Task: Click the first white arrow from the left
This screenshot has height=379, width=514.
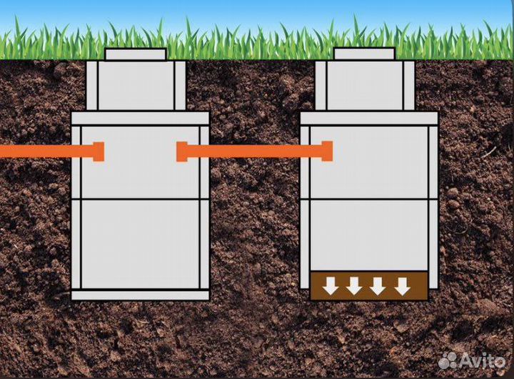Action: coord(330,286)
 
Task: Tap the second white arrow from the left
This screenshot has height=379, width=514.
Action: coord(354,286)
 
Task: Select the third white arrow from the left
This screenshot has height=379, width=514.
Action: coord(378,286)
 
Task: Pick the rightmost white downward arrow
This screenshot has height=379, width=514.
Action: coord(403,286)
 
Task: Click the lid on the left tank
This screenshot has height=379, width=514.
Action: coord(136,54)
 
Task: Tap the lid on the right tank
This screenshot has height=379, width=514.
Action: coord(364,54)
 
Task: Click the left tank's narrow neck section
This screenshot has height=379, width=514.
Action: coord(136,86)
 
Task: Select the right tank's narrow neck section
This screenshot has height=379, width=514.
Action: coord(365,86)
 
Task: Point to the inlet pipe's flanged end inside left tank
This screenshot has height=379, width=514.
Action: coord(99,152)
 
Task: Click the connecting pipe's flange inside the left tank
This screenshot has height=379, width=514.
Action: coord(182,152)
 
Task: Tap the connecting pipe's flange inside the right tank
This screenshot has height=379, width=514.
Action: coord(327,152)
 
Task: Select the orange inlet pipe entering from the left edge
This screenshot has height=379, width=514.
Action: coord(36,152)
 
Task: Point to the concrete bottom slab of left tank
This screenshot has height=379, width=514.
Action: coord(140,295)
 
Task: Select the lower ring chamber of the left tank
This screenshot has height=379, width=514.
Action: coord(140,244)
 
